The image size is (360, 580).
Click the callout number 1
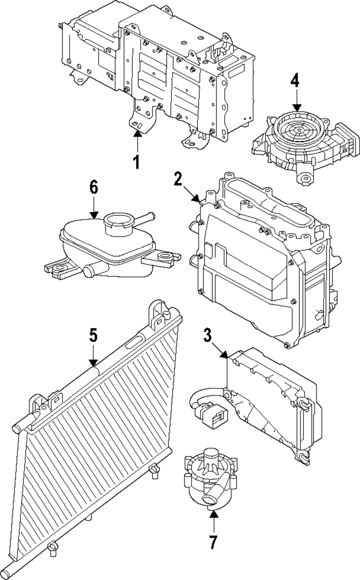pos(136,162)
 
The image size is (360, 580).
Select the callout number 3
pos(207,335)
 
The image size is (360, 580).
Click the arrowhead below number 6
pos(94,215)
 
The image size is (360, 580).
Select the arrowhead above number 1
pos(138,133)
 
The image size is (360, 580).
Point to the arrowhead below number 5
pos(93,363)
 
